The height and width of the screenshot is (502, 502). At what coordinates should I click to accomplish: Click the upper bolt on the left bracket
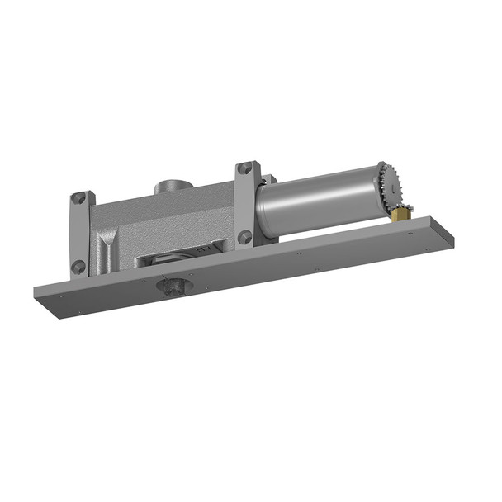point(78,199)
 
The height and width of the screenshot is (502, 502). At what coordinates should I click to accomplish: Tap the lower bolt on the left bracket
point(78,267)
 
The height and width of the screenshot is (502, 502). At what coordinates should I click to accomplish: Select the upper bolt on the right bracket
point(244,169)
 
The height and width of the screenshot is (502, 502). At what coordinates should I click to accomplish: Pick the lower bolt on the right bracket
point(244,237)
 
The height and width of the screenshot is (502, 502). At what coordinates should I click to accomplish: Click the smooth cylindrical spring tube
point(318,199)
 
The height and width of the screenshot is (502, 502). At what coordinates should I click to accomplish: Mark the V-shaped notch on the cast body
point(107,247)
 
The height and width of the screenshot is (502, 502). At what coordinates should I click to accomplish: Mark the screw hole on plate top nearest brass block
point(410,234)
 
